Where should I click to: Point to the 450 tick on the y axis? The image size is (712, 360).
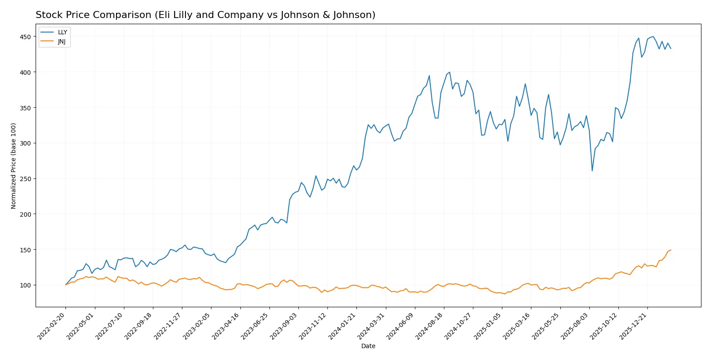(25, 37)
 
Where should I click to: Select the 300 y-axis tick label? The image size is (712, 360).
(25, 143)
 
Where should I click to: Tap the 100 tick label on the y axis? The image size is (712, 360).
(25, 285)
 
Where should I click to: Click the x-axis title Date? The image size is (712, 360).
(368, 346)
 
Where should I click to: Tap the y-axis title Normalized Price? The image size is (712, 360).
(14, 166)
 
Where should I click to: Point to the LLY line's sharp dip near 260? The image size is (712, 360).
(592, 171)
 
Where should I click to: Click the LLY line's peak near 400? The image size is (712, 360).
(449, 72)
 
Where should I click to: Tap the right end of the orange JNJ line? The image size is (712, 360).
(671, 250)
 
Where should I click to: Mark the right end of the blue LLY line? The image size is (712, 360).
(671, 48)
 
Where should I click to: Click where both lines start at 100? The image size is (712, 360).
(66, 285)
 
